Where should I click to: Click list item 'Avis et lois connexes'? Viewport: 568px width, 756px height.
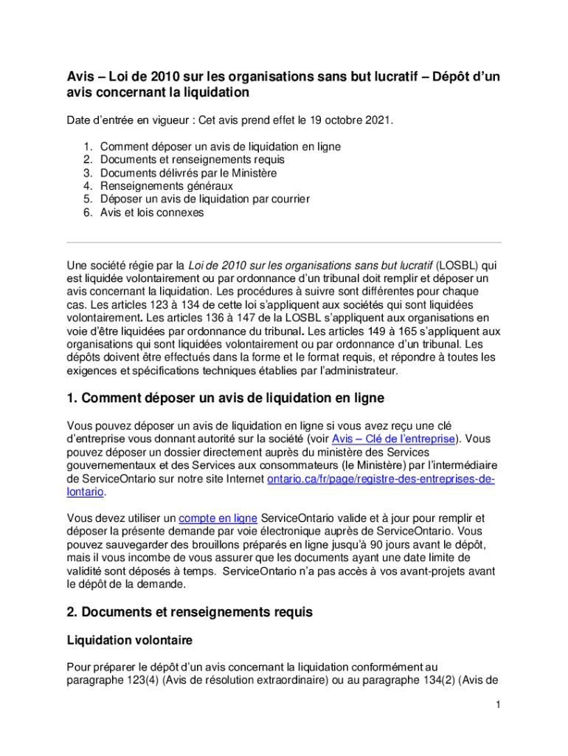[152, 213]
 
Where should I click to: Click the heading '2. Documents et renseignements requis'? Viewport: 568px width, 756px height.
[190, 612]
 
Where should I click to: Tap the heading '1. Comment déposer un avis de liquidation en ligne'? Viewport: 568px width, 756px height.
[226, 398]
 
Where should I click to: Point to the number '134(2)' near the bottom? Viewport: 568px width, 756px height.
[418, 679]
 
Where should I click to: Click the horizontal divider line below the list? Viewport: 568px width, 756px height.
[284, 242]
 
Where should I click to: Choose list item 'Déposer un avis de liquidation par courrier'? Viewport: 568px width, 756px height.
[205, 199]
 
